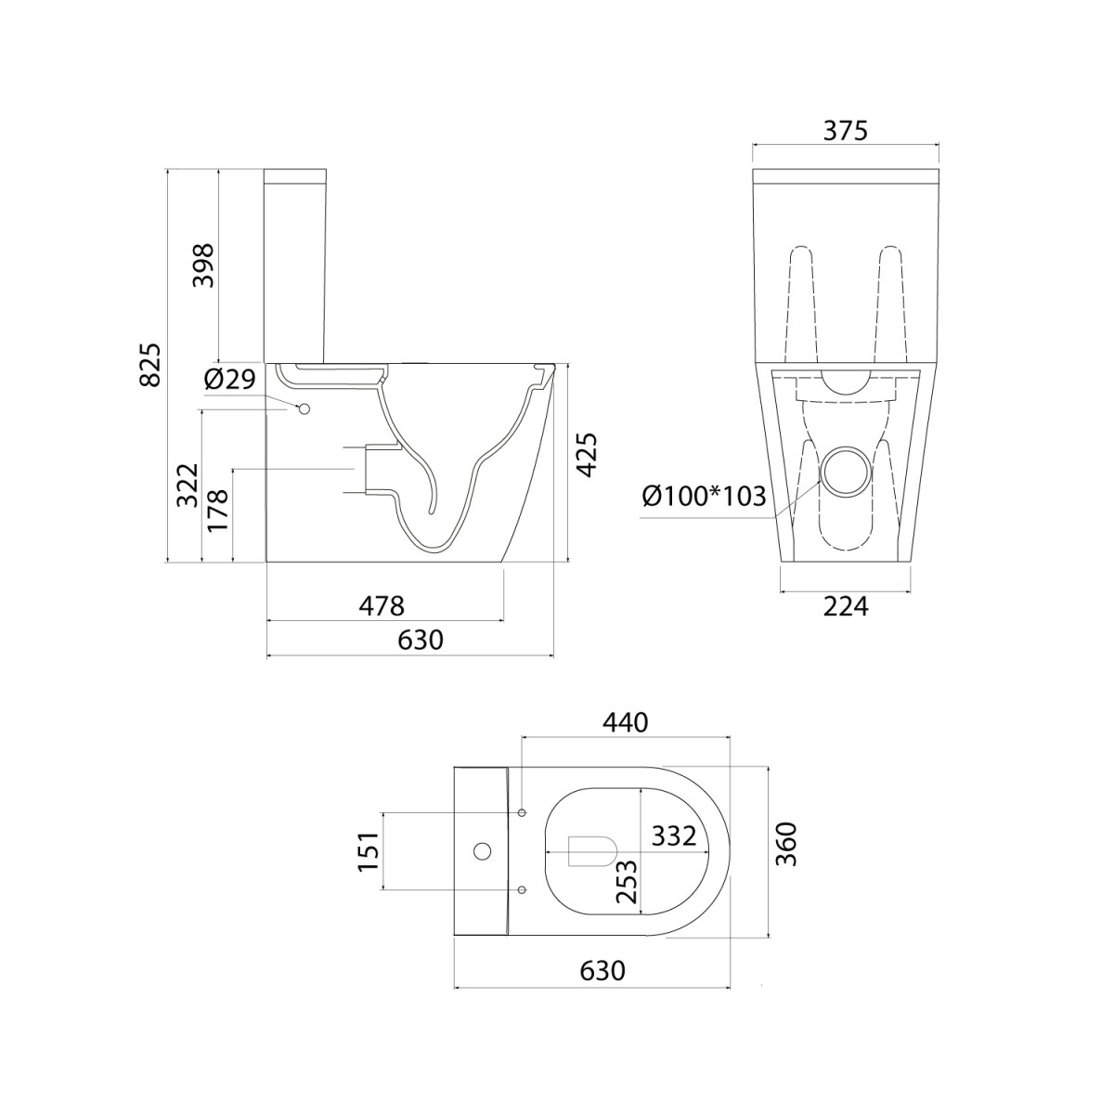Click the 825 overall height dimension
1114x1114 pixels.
[x=151, y=365]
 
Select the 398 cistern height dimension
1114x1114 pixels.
[x=203, y=266]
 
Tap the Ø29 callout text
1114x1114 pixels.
[x=229, y=380]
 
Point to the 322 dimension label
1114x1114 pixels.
[x=188, y=485]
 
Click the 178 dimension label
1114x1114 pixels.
[x=218, y=511]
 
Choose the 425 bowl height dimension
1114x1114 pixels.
[x=588, y=455]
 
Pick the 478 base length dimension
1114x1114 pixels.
[x=382, y=606]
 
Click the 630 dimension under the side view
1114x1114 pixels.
[x=421, y=640]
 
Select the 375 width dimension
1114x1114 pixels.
[x=845, y=131]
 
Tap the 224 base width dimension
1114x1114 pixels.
[x=846, y=606]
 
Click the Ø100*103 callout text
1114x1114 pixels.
[x=704, y=496]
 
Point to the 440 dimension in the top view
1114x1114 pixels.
[x=626, y=722]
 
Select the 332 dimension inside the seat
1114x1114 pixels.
[x=674, y=835]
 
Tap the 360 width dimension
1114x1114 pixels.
[x=786, y=844]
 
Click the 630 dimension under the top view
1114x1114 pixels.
[x=602, y=971]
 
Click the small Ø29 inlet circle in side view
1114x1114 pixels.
[x=304, y=409]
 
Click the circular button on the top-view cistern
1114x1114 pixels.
[x=482, y=851]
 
